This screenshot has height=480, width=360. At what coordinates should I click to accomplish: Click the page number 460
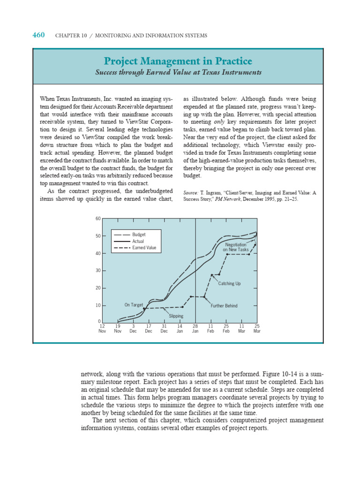38,35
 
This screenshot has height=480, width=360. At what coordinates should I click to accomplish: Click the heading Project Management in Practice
178,61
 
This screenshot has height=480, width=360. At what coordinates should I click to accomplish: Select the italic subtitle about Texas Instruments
178,73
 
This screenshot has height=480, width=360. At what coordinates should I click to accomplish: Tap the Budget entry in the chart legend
138,234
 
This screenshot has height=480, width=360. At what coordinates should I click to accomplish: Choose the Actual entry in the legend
138,241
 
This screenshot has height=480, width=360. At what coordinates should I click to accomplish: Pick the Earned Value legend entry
144,247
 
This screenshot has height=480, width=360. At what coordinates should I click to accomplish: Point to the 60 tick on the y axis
98,218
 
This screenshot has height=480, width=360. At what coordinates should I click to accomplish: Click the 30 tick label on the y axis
98,270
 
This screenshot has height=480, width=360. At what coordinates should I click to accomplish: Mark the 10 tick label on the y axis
98,305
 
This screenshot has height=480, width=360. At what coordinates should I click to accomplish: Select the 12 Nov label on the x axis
102,328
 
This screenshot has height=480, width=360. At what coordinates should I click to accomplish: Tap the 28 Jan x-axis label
195,328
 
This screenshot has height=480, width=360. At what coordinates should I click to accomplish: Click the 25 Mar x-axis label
257,328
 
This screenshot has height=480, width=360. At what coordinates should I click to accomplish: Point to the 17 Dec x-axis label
149,328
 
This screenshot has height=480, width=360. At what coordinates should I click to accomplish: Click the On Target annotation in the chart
133,305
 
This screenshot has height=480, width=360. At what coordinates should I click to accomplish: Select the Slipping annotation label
176,316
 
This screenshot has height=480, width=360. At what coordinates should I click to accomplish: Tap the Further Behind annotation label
224,306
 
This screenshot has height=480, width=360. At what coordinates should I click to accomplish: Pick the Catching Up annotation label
229,284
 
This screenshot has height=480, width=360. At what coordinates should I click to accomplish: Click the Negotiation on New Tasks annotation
236,247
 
